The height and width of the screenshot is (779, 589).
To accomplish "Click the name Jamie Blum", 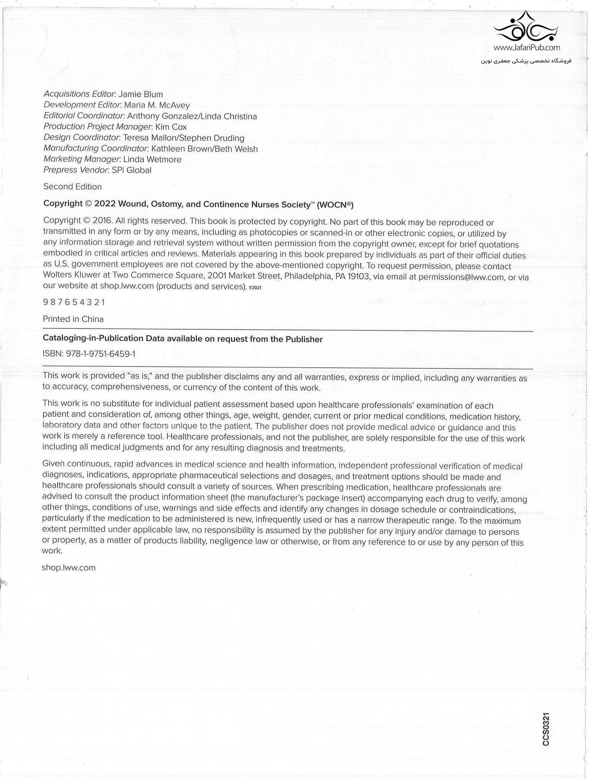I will (141, 94).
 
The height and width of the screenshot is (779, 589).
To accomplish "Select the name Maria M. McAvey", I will (157, 105).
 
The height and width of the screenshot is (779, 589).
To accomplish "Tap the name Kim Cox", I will (171, 127).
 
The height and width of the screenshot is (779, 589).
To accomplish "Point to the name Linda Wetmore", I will (152, 159).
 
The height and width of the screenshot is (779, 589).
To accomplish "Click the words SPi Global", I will (132, 170).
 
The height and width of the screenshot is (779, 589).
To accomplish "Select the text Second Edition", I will (72, 187).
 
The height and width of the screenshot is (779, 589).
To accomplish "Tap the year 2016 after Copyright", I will (103, 221).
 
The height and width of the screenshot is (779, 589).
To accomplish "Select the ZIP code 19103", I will (358, 277).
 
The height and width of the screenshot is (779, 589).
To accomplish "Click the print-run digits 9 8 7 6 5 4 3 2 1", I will (74, 302).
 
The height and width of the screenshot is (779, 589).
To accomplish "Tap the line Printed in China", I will (73, 319).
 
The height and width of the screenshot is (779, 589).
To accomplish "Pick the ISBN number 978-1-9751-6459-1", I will (101, 354).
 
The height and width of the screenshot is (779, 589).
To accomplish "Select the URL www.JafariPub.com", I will (527, 47).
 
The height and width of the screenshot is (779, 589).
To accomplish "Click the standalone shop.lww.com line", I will (69, 568).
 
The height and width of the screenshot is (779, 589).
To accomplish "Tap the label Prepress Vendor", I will (75, 170).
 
